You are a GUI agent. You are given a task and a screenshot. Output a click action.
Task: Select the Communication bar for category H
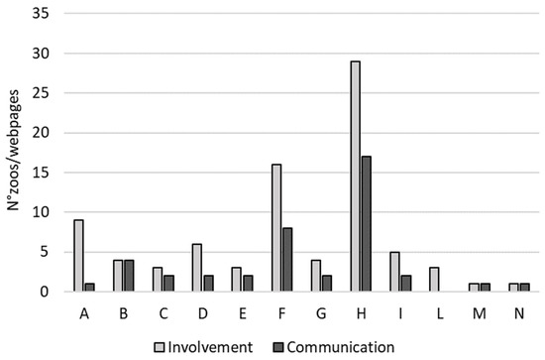pos(367,224)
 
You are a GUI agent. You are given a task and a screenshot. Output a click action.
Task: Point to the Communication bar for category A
pos(89,288)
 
